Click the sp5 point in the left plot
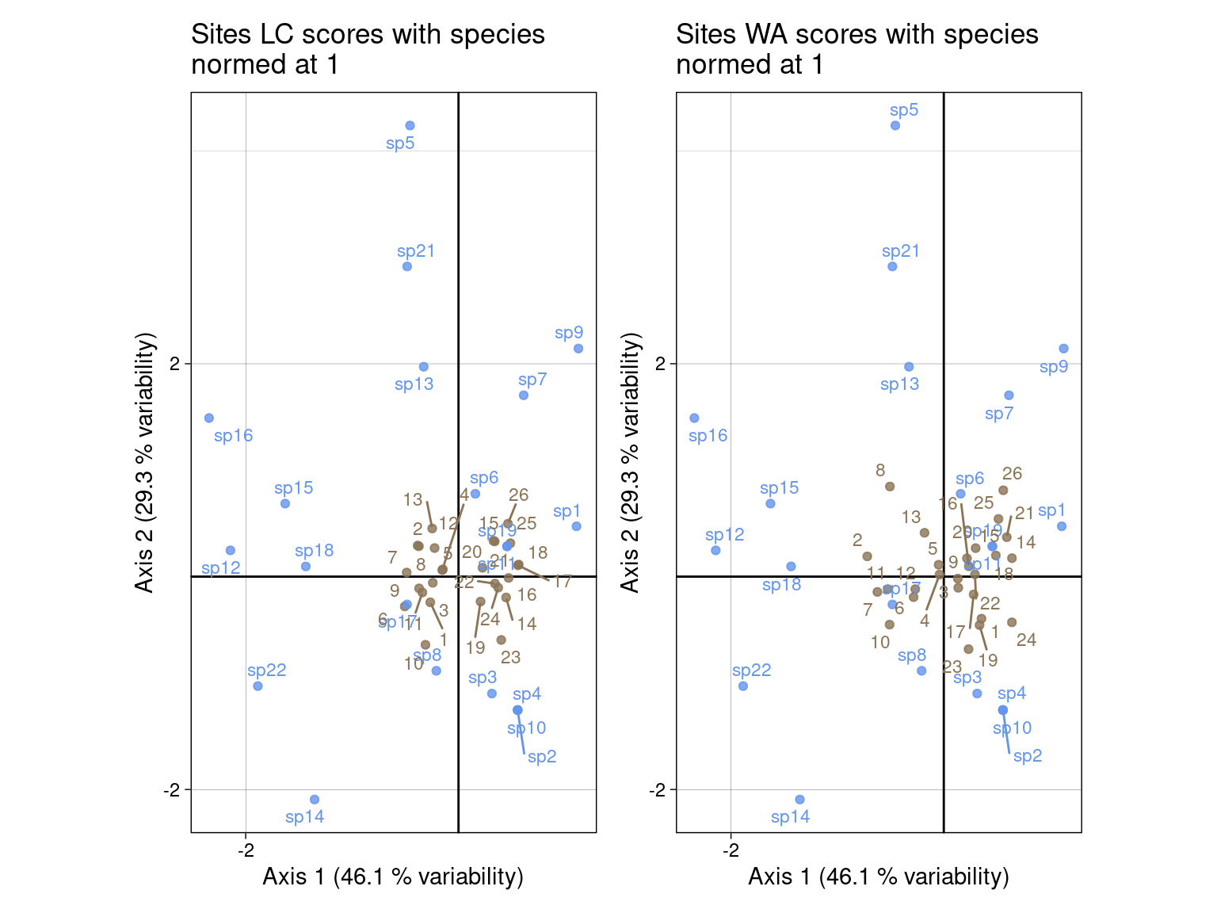click(410, 125)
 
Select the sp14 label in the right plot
click(790, 817)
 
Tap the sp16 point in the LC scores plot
click(209, 418)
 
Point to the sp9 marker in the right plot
click(1063, 349)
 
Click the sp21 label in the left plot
click(416, 251)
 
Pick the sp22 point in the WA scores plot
click(743, 686)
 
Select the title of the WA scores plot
click(856, 49)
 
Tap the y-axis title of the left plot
click(144, 462)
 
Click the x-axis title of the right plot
click(878, 877)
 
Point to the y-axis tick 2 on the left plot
click(177, 365)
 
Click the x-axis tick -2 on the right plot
click(731, 851)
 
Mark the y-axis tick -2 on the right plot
click(662, 790)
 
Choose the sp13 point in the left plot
click(424, 367)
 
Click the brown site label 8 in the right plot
click(880, 471)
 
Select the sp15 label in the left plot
click(294, 488)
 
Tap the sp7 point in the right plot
click(1009, 395)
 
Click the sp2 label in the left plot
click(542, 757)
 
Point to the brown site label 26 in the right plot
click(1012, 474)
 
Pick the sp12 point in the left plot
click(231, 550)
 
